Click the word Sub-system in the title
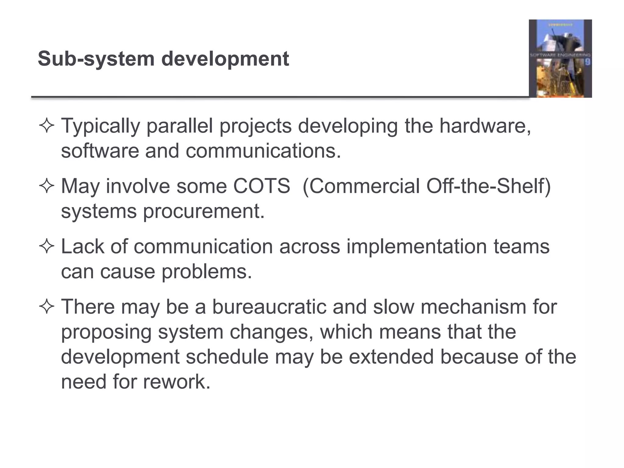[96, 59]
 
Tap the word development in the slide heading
[225, 59]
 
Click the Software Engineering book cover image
[560, 58]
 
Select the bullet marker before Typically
[47, 126]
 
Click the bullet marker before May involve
[47, 186]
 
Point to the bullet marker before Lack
[47, 246]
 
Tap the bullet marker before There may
[47, 307]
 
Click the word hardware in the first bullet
[485, 126]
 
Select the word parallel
[179, 126]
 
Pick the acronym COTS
[262, 186]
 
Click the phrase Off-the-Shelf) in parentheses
[488, 186]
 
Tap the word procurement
[204, 211]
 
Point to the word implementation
[417, 246]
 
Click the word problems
[207, 271]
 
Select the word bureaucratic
[269, 307]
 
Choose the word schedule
[227, 357]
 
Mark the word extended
[391, 357]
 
